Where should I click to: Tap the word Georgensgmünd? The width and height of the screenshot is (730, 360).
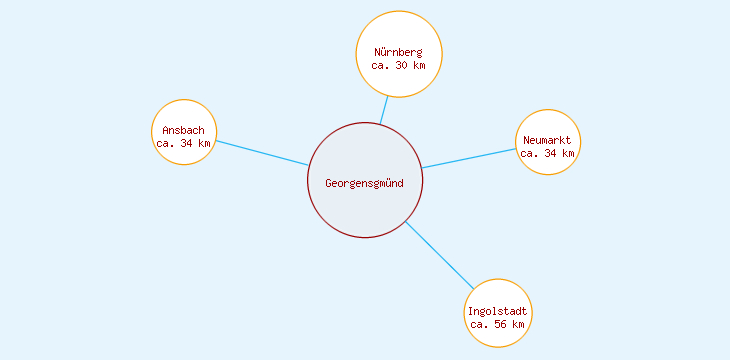365,182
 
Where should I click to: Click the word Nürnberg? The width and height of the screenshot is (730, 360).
399,52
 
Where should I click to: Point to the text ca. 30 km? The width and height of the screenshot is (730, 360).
399,65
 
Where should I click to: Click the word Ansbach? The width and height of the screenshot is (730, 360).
184,130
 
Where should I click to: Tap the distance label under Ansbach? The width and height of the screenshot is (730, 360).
184,143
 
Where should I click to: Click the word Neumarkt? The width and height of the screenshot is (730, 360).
547,140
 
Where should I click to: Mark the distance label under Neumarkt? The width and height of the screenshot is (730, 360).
548,153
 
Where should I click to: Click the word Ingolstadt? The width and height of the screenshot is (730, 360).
498,311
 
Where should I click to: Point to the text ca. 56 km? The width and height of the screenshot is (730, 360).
498,324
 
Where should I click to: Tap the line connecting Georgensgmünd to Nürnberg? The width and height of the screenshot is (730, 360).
383,110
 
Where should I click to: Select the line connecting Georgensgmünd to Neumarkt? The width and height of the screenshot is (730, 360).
468,158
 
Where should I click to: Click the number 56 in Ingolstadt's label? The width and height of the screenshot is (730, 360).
502,324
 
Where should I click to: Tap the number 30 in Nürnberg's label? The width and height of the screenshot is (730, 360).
403,65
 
